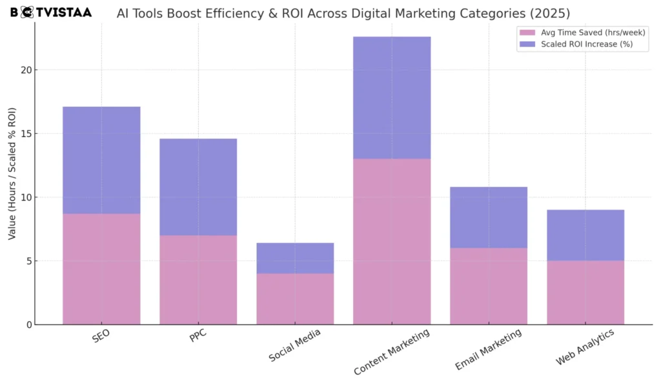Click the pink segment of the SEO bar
pos(101,268)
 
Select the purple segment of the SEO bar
pos(101,160)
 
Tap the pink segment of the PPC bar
pos(198,279)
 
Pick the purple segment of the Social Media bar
pos(295,258)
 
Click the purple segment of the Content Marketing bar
pos(392,98)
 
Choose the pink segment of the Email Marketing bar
pos(489,286)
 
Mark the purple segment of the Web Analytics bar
pos(585,235)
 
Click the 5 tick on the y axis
pos(27,261)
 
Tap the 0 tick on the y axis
pos(27,325)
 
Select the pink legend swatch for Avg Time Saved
pos(527,32)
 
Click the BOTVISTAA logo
pos(51,12)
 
